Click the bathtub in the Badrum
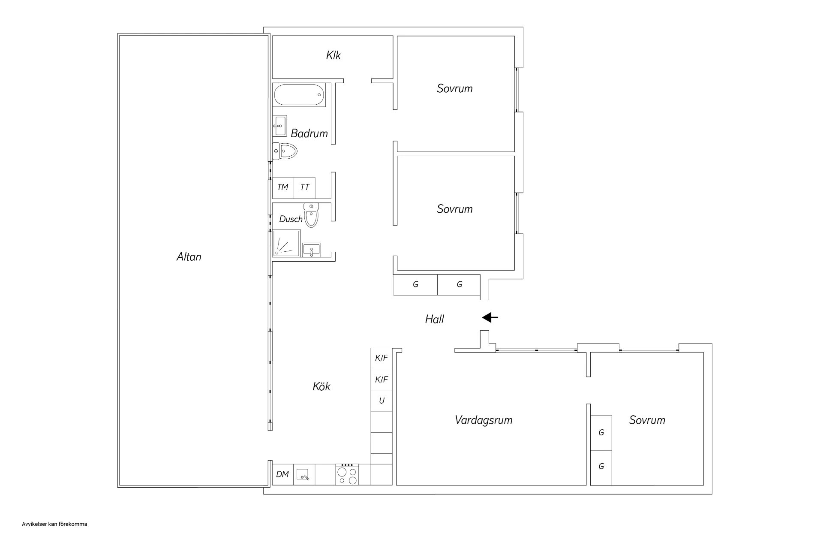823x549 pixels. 299,95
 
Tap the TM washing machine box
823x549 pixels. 283,187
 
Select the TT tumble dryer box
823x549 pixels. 305,187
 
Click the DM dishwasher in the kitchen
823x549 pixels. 283,474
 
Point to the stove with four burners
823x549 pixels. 347,474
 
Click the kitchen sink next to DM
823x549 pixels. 304,474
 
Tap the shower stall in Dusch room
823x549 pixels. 286,243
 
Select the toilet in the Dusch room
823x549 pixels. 312,215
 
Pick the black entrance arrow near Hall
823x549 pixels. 490,318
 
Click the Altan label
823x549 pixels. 189,256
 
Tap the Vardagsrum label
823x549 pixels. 484,420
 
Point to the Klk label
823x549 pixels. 333,55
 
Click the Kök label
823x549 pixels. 321,386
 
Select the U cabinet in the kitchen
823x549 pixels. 381,401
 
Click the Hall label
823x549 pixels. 435,319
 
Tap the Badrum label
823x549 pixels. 309,133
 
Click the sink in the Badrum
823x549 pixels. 279,126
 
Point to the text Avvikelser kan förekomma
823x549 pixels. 54,524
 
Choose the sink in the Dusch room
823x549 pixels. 311,250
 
